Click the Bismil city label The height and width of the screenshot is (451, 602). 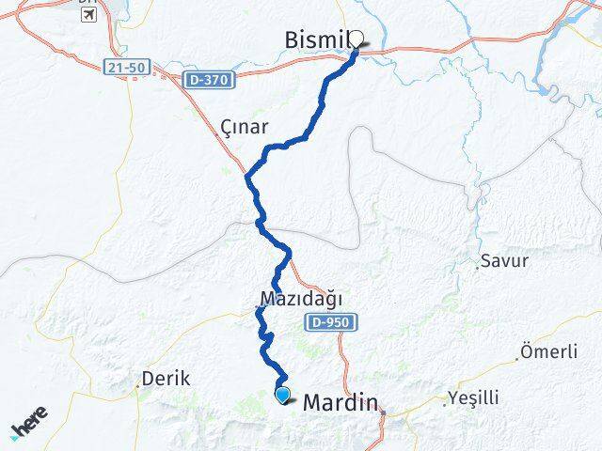tap(317, 39)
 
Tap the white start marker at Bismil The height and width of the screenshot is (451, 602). tap(356, 39)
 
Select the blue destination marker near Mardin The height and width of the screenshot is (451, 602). tap(282, 395)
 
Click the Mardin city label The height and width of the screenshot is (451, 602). tap(341, 402)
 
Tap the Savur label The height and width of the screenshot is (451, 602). tap(504, 261)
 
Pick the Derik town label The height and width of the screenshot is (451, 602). tap(166, 380)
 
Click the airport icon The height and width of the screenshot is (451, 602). tap(88, 19)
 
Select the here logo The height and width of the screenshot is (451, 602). tap(28, 428)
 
